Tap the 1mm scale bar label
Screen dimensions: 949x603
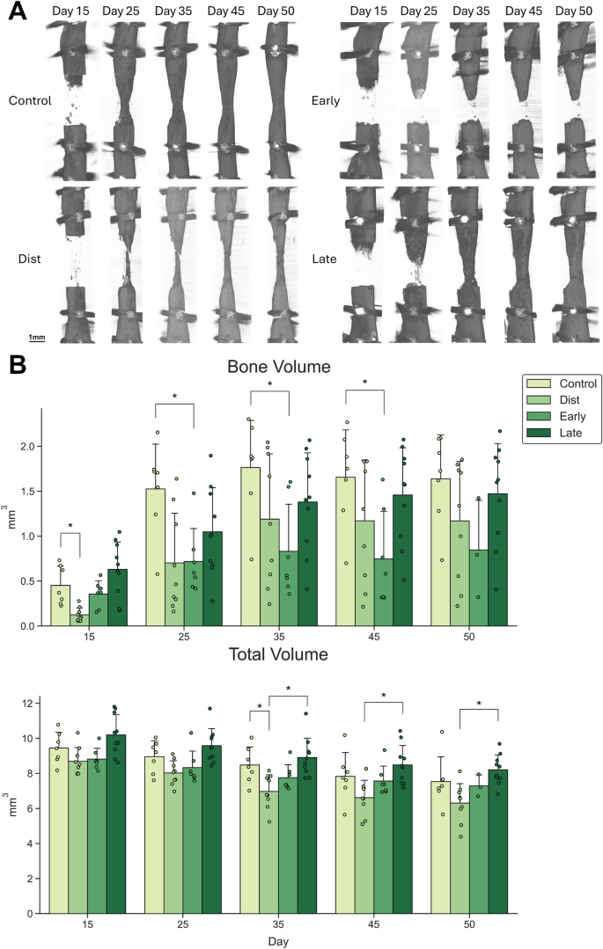pos(36,338)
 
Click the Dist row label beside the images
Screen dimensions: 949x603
pos(30,259)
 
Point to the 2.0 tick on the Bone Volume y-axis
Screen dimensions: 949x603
pos(31,446)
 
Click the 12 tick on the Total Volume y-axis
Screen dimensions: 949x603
pos(33,704)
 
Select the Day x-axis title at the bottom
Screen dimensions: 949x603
pos(281,940)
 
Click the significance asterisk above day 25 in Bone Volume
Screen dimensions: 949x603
pos(174,397)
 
